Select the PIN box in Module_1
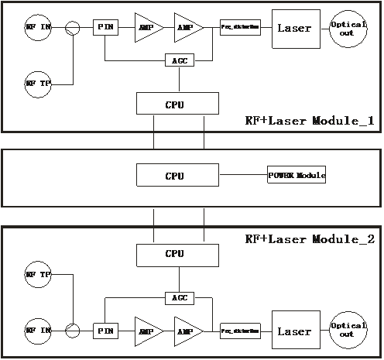point(105,28)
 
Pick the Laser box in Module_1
point(294,29)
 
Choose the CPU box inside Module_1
point(174,103)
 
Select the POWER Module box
point(297,175)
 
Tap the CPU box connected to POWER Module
point(174,175)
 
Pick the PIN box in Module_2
point(105,331)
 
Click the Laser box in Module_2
point(294,331)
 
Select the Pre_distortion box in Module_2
point(239,331)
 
